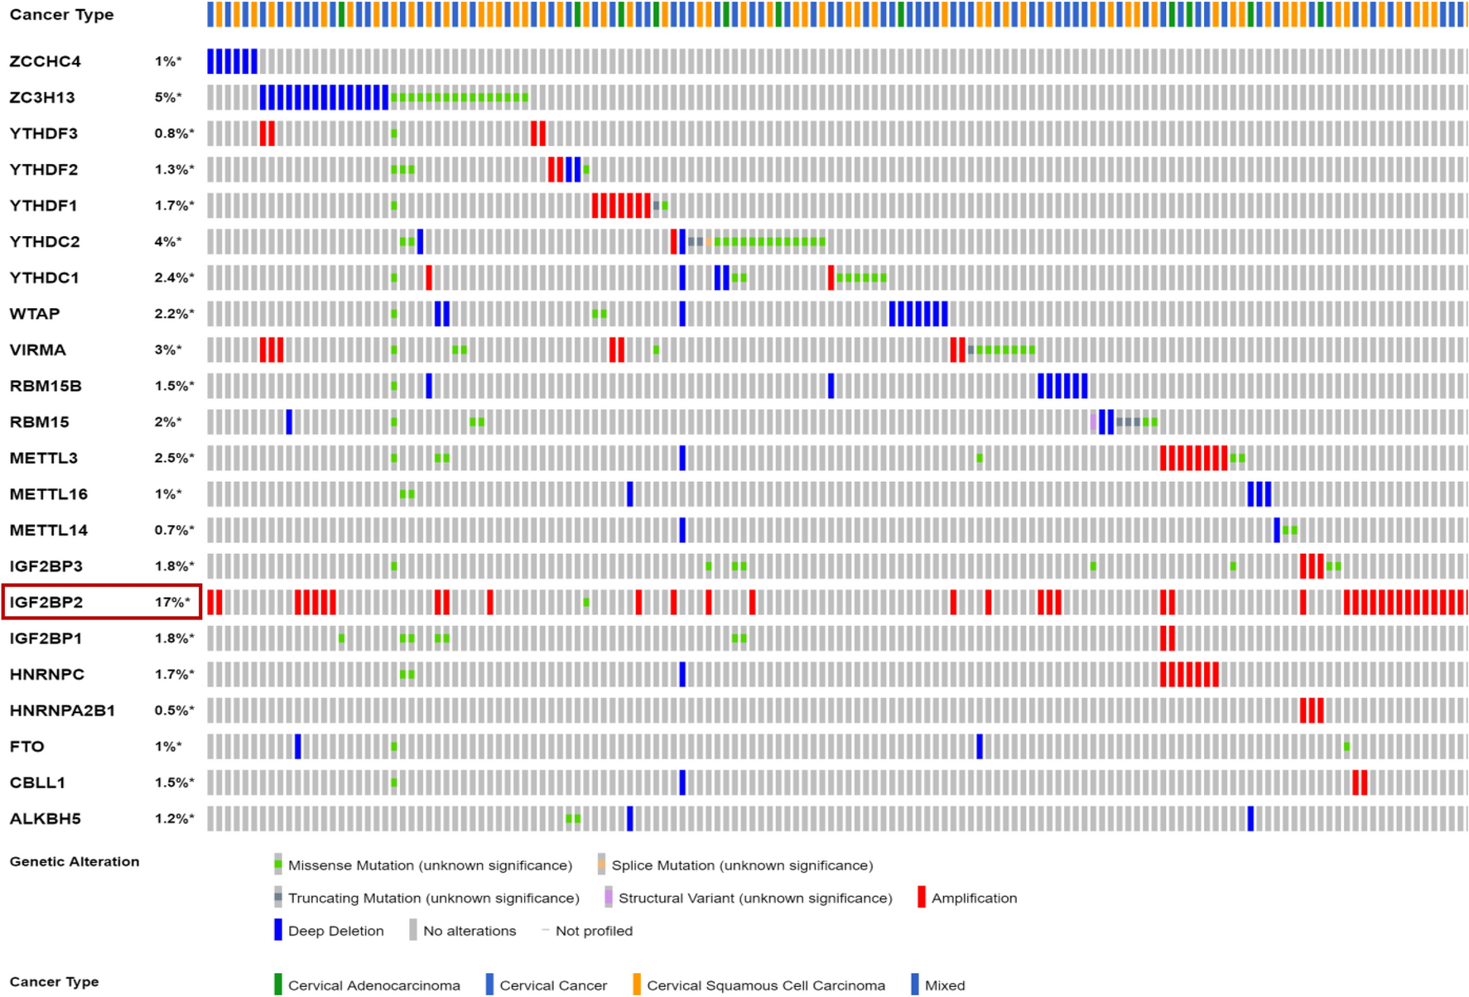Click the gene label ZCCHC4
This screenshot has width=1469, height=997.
[45, 61]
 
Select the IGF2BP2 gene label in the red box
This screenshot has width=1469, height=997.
[46, 602]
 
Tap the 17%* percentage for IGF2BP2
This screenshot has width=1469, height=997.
[172, 602]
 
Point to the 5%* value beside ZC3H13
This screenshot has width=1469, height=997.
[167, 98]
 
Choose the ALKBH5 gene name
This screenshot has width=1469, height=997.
[45, 819]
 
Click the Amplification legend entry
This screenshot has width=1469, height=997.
[973, 898]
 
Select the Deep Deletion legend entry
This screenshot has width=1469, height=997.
[335, 932]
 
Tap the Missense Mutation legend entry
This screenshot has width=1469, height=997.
[429, 865]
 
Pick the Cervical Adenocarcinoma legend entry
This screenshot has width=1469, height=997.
[373, 985]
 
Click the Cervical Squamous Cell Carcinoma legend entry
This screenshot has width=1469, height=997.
[764, 985]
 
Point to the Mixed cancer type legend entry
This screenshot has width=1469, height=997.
[944, 985]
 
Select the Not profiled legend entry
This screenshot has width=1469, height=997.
[593, 932]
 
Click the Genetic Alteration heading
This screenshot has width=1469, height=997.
[75, 862]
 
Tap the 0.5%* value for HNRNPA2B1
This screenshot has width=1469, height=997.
[174, 710]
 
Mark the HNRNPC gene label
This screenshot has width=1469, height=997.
[46, 675]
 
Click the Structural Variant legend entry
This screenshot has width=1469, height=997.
[754, 898]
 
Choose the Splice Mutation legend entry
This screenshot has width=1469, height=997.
[741, 865]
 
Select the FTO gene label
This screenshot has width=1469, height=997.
[26, 747]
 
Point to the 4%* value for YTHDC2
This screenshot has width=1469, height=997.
[167, 242]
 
